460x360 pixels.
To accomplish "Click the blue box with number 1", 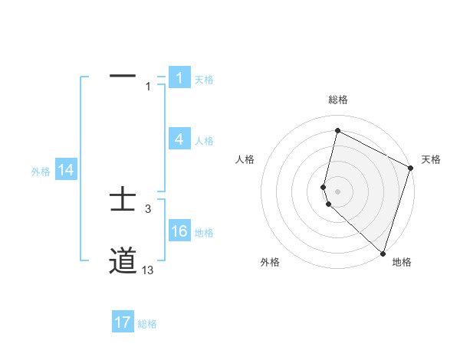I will point(179,78).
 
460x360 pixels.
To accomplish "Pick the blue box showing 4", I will point(179,139).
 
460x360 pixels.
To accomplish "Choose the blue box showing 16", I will point(179,232).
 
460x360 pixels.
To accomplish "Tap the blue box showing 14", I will point(66,171).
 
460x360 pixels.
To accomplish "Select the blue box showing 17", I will point(123,322).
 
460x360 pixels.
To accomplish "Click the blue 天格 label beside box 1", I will point(204,79).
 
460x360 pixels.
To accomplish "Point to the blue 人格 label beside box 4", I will point(204,141).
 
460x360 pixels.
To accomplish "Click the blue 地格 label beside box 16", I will point(204,233).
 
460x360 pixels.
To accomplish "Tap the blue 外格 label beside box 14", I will point(41,172).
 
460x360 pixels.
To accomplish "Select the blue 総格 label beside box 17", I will point(147,324).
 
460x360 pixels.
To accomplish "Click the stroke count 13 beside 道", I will point(147,270).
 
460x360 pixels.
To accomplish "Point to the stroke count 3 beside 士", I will point(148,208).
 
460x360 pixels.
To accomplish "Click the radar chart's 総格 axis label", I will point(337,100).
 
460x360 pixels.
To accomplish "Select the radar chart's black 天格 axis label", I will point(431,159).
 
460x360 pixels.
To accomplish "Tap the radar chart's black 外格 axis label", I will point(270,262).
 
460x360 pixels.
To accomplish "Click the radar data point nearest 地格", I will point(383,254).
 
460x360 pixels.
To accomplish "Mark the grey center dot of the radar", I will point(337,191).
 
